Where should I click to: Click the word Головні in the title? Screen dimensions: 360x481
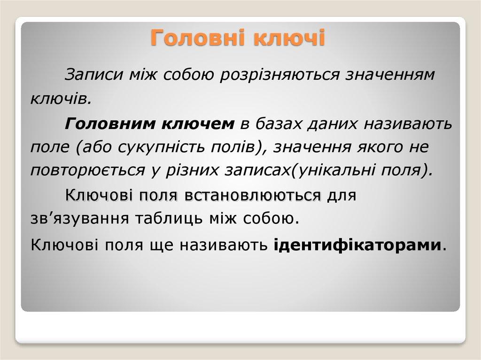tap(199, 38)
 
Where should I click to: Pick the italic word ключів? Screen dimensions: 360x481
tap(59, 99)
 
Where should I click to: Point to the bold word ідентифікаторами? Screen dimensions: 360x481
tap(357, 244)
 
